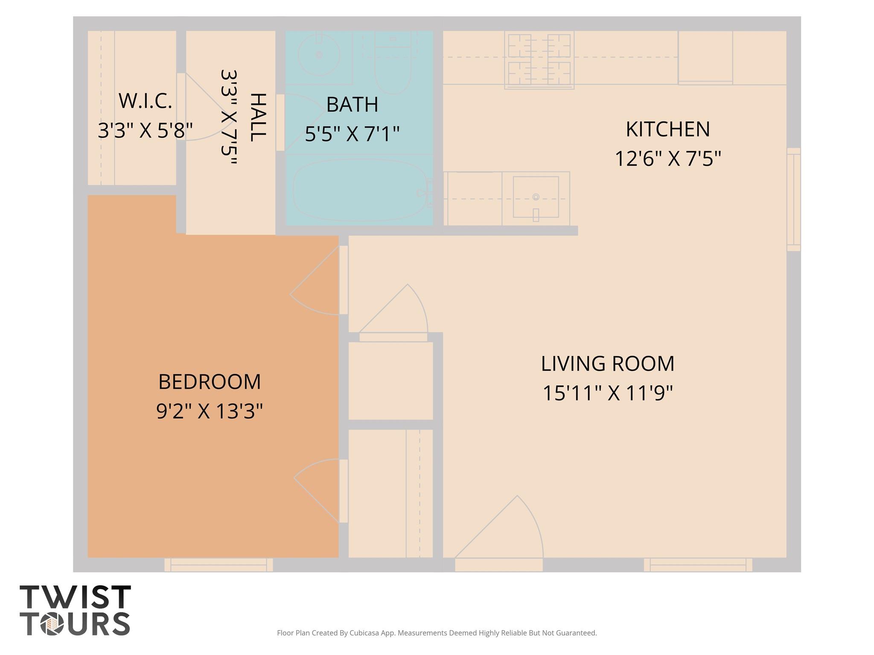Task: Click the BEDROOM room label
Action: click(x=209, y=382)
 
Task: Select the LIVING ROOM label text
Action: click(x=607, y=364)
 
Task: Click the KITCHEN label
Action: click(x=667, y=129)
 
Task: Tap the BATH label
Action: click(x=352, y=105)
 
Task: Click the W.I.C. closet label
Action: click(x=145, y=101)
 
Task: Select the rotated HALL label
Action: click(x=257, y=117)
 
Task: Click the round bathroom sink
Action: click(x=319, y=55)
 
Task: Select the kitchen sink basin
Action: click(x=536, y=197)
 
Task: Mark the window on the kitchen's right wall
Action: click(x=793, y=199)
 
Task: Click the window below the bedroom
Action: click(x=218, y=565)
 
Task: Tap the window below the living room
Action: click(x=698, y=565)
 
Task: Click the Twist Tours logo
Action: click(x=75, y=611)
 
